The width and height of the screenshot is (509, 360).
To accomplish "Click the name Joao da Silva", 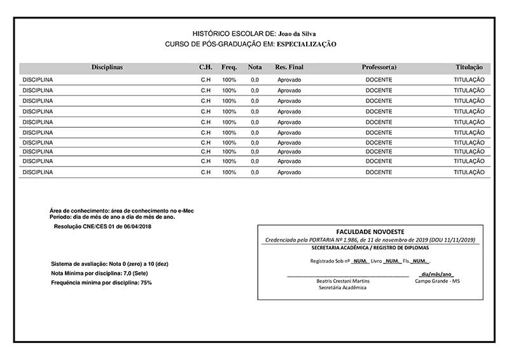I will [x=298, y=33].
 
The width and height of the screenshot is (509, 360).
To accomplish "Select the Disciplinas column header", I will [x=107, y=67].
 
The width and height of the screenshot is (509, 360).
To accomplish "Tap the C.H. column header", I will [x=206, y=67].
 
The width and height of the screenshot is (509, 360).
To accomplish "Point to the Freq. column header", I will [x=229, y=67].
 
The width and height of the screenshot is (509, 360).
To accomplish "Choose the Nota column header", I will [x=254, y=67].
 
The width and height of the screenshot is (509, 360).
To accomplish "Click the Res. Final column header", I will [x=289, y=67].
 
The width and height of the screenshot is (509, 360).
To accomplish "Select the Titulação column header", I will [x=469, y=67].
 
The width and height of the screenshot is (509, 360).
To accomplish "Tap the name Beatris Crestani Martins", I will [x=343, y=280].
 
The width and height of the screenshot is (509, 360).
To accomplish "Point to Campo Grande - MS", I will [x=436, y=280].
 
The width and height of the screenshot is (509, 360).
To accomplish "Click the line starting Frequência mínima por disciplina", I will [x=101, y=282].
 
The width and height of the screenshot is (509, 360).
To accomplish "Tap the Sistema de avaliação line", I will [x=109, y=263].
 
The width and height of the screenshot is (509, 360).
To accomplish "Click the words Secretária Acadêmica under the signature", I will [x=342, y=287].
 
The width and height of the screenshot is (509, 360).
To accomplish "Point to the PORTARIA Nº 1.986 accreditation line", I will [x=370, y=240].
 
